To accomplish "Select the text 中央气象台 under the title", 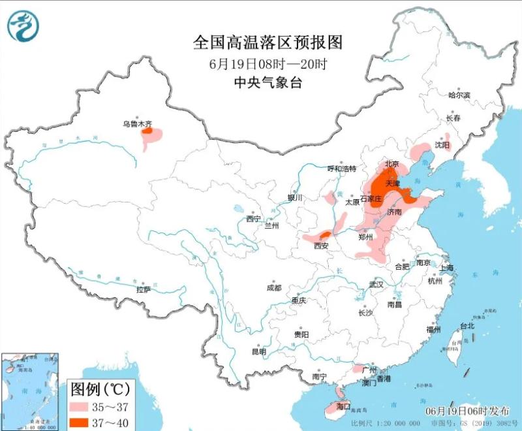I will (268, 82).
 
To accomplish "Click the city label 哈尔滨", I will (459, 95).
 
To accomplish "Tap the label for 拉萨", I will (144, 289).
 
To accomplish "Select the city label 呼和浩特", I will (342, 168).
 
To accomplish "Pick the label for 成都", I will (274, 288).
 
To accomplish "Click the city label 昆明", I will (258, 352).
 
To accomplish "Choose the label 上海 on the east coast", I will (447, 268).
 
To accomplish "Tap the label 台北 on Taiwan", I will (467, 325).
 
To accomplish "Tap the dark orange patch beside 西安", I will (324, 234).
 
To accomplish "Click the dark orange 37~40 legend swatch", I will (84, 423).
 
